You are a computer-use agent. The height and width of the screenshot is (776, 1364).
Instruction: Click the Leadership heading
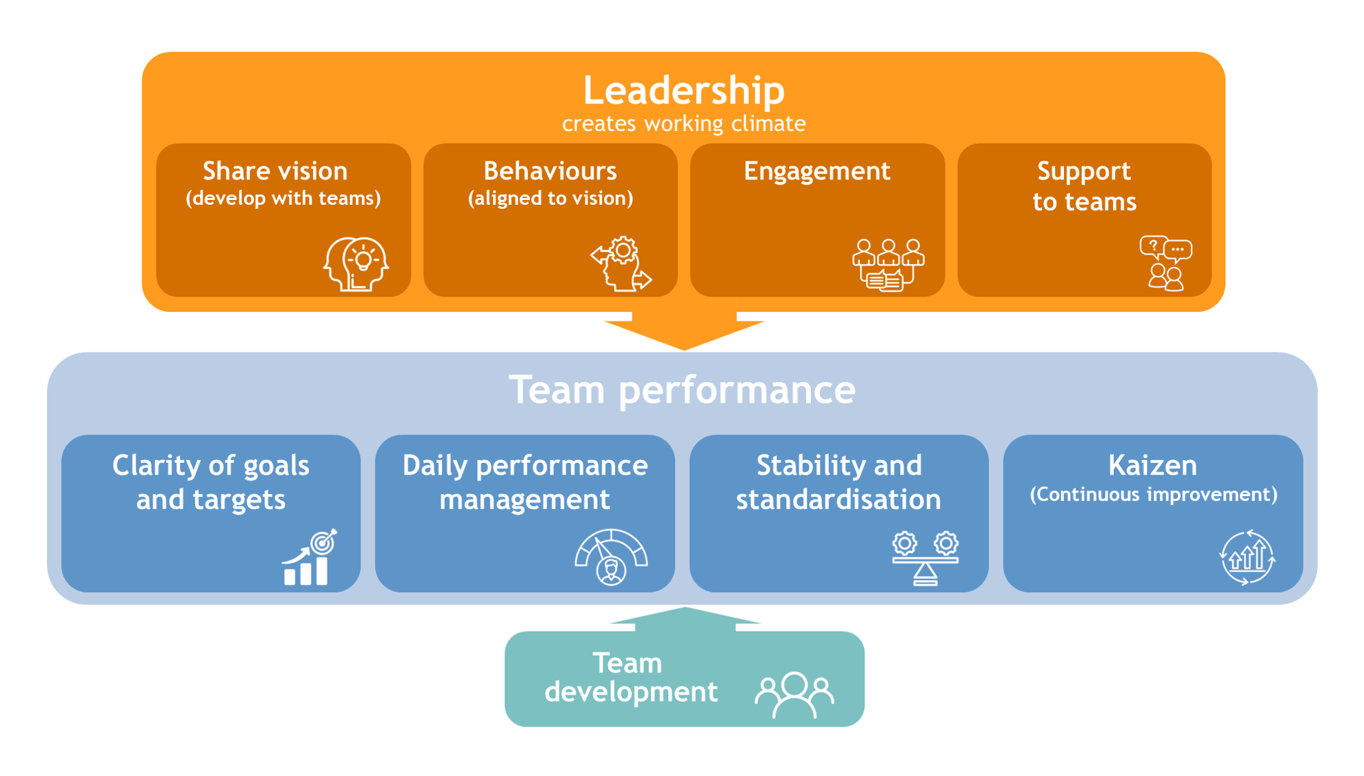(683, 90)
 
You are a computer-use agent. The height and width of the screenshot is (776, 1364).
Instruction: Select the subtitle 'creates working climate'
(683, 124)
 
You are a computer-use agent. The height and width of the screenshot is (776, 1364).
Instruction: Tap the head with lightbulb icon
(356, 264)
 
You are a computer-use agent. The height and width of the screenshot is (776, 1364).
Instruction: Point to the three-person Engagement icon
(887, 265)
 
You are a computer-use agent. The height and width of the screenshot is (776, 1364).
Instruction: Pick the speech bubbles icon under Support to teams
(1165, 263)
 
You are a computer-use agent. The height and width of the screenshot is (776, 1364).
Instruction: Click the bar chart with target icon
(310, 558)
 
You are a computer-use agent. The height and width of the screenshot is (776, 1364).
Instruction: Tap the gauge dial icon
(611, 557)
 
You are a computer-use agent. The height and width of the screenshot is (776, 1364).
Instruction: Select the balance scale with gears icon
(925, 558)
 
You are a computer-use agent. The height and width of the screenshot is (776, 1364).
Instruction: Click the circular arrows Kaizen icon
(1247, 557)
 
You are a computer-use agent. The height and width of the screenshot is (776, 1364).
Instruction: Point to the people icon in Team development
(794, 694)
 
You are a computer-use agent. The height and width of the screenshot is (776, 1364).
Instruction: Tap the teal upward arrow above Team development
(685, 618)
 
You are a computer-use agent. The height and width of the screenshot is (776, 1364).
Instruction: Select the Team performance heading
(682, 390)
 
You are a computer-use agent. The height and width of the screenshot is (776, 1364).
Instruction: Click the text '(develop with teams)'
(283, 199)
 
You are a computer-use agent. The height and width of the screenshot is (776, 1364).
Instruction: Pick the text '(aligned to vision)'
(550, 199)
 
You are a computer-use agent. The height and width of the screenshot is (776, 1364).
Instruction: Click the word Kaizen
(1152, 466)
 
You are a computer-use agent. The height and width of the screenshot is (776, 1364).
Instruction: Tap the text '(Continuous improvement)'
(1153, 495)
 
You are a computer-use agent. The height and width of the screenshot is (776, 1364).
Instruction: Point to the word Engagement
(816, 171)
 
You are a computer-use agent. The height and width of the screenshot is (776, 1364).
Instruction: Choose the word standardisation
(838, 499)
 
